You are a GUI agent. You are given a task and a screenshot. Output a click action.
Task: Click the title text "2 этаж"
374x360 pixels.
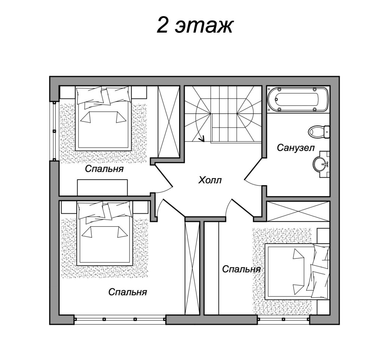click(194, 25)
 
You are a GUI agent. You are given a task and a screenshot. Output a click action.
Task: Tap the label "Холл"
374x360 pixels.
click(210, 180)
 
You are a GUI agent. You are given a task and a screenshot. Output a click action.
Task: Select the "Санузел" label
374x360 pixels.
click(295, 147)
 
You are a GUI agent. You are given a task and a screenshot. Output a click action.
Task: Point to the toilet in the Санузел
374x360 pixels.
click(319, 132)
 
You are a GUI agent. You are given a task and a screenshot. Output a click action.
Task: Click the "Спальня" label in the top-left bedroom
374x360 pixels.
click(104, 169)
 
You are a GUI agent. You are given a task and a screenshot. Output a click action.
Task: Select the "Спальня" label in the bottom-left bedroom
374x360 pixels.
click(128, 292)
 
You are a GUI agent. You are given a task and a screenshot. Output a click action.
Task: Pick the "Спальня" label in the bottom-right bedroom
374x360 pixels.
click(241, 269)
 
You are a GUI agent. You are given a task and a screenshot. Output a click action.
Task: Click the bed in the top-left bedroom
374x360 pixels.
click(103, 118)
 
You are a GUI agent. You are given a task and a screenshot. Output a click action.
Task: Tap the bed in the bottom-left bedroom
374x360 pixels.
click(104, 233)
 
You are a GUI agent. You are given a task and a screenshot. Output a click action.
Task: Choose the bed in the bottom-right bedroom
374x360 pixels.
click(298, 271)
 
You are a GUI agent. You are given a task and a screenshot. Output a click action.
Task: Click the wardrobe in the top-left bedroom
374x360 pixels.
click(169, 122)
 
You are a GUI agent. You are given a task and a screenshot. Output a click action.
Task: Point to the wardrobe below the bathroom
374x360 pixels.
click(298, 211)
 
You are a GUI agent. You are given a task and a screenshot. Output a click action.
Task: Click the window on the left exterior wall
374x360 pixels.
click(54, 131)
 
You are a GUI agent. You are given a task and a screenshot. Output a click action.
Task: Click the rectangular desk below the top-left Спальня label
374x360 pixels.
click(102, 187)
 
